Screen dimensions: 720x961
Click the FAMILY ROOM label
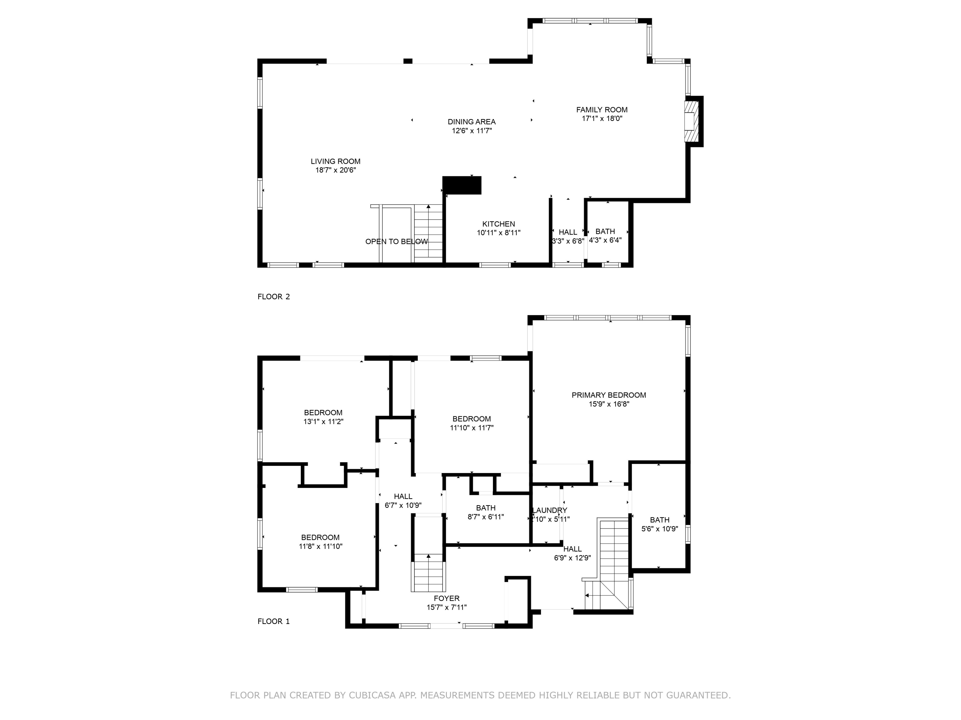[602, 110]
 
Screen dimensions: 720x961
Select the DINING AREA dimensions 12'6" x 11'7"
[472, 131]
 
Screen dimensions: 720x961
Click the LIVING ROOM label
[335, 162]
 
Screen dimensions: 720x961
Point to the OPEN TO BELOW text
[396, 242]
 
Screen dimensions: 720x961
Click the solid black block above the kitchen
[462, 185]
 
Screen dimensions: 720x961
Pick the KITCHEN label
[498, 224]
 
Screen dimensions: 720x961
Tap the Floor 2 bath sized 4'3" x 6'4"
[605, 236]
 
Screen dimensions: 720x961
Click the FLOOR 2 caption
[273, 297]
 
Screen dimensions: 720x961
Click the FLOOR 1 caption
[273, 621]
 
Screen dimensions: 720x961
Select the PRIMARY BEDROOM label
[609, 395]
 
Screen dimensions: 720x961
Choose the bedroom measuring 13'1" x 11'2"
[323, 417]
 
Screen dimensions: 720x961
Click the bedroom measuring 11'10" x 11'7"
[472, 423]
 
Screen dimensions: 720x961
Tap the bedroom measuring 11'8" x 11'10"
[320, 542]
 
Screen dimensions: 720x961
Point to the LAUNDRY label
[550, 510]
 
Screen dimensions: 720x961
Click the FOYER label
[446, 598]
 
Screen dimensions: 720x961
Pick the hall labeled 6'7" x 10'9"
[403, 501]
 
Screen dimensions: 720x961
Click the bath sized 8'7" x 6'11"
[485, 512]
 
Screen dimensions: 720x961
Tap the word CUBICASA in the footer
[372, 695]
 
